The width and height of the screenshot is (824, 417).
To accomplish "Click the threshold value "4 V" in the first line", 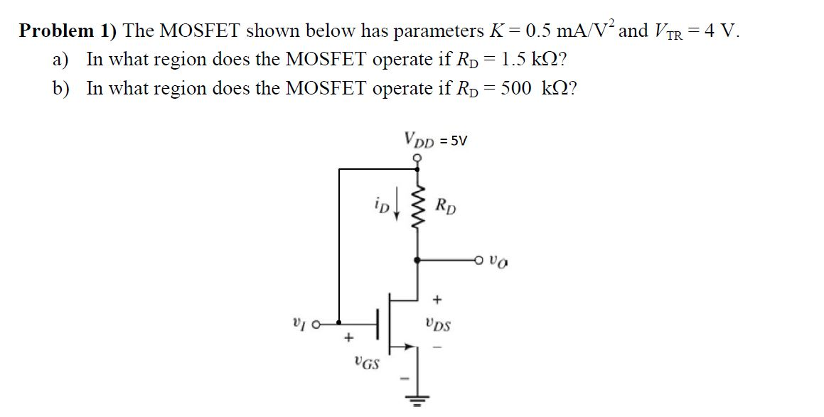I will (x=718, y=31).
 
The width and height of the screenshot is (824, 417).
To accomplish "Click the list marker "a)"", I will (x=61, y=60).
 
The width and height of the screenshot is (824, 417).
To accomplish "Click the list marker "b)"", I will (x=61, y=89).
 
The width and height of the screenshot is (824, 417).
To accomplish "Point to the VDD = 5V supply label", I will (x=434, y=139).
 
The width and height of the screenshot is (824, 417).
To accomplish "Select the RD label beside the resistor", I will (x=447, y=208).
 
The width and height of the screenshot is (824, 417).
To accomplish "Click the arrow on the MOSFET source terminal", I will (x=407, y=347).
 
